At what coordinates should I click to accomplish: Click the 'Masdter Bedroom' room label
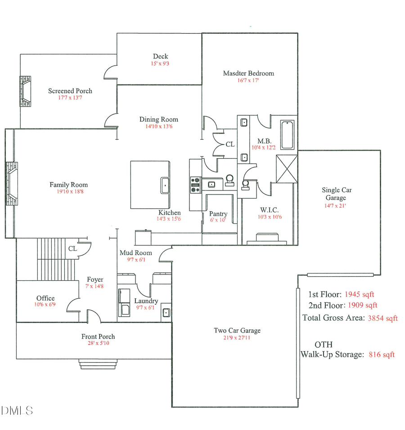248,73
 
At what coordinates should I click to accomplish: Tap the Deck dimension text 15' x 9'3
160,64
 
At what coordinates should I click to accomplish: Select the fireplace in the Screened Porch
26,91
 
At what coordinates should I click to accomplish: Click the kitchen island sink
165,185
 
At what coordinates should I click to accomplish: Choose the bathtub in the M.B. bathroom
288,134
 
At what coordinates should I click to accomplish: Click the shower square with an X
287,168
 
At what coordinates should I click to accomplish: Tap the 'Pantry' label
218,214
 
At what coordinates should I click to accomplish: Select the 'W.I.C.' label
269,210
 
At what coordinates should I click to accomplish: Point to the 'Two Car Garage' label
237,331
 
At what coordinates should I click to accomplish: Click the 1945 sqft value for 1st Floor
359,295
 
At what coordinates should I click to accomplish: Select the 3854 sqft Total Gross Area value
382,318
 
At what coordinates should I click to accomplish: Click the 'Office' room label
45,298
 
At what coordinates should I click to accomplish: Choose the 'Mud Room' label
135,253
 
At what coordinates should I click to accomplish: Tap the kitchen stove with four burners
195,184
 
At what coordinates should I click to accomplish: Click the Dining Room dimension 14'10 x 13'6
158,126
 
